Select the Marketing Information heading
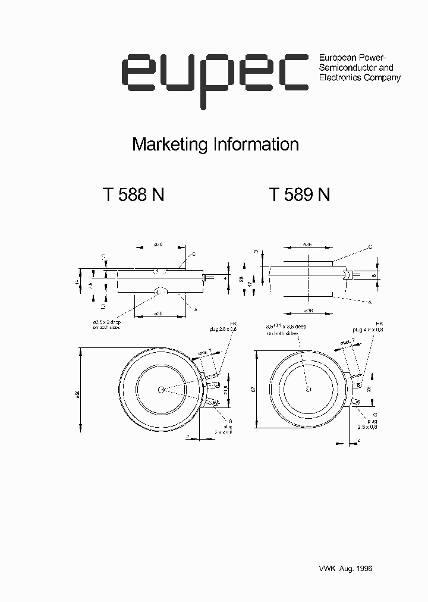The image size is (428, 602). pos(215,145)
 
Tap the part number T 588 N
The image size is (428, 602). pos(133,196)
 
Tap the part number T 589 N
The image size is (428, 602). pos(299,196)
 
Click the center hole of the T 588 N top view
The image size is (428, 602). pos(162,390)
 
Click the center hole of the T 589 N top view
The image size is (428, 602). pos(308,389)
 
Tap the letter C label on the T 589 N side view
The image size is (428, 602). pos(370,246)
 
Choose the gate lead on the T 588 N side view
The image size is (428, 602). pos(204,277)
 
